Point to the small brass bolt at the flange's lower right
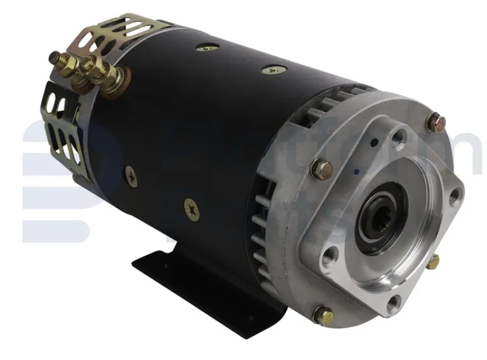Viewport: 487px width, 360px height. [x=433, y=261]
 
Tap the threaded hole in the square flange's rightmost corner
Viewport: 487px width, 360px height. [x=454, y=197]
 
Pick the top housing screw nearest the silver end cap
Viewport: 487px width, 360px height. [x=273, y=70]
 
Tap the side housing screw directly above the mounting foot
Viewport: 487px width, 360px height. [x=191, y=207]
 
